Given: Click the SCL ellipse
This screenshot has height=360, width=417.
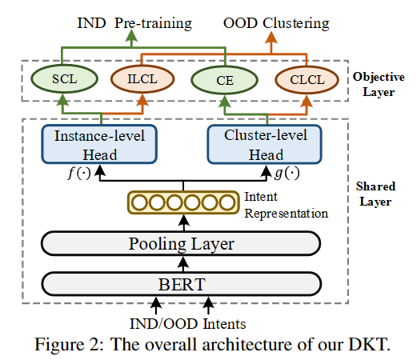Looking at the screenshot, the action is pyautogui.click(x=64, y=79).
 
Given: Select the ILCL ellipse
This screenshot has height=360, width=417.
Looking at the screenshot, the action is pyautogui.click(x=142, y=79).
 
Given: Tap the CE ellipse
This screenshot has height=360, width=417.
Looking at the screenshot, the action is pyautogui.click(x=225, y=80).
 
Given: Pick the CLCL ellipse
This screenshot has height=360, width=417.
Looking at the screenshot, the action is pyautogui.click(x=307, y=80).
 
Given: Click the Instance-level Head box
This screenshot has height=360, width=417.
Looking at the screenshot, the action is pyautogui.click(x=99, y=144).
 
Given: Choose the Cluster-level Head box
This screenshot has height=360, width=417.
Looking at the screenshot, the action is pyautogui.click(x=265, y=144).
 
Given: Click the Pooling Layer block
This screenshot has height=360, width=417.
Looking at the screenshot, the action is pyautogui.click(x=181, y=243).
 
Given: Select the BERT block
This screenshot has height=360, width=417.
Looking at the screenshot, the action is pyautogui.click(x=182, y=284).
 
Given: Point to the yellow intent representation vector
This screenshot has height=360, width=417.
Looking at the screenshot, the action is pyautogui.click(x=183, y=202).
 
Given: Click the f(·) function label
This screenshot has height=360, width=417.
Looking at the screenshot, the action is pyautogui.click(x=79, y=174).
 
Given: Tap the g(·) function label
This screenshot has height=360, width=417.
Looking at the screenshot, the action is pyautogui.click(x=287, y=174).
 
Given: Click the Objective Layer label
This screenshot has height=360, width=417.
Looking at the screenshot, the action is pyautogui.click(x=379, y=84).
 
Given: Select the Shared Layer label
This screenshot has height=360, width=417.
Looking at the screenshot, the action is pyautogui.click(x=375, y=194).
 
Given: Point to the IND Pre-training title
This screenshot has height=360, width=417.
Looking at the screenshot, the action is pyautogui.click(x=134, y=23).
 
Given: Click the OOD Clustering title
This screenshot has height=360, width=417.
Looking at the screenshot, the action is pyautogui.click(x=276, y=23).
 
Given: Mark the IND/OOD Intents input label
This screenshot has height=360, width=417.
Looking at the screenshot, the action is pyautogui.click(x=187, y=324).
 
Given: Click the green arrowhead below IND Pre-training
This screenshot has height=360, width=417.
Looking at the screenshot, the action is pyautogui.click(x=131, y=36).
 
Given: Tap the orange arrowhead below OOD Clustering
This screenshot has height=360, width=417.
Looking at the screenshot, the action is pyautogui.click(x=271, y=38).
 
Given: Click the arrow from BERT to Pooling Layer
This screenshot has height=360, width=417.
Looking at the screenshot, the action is pyautogui.click(x=183, y=264).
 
